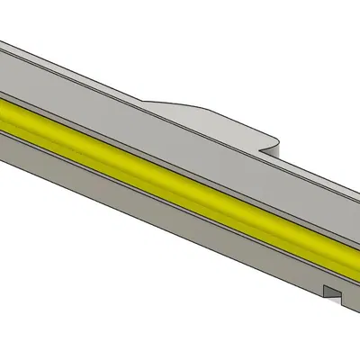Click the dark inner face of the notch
328,292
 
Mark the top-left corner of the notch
325,286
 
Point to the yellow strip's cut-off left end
4,112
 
